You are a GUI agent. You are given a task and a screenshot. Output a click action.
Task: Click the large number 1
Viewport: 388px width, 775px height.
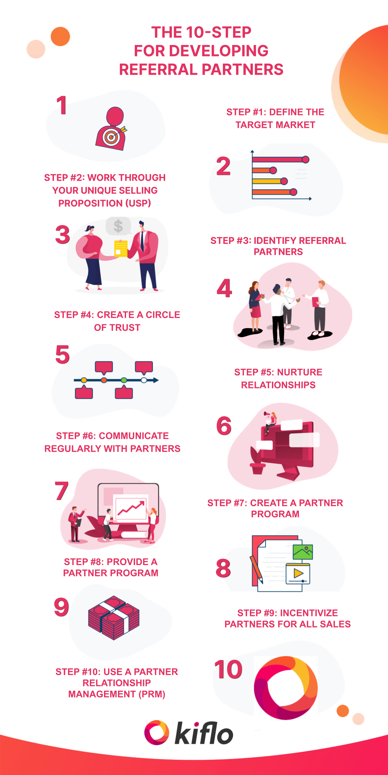[x=62, y=105]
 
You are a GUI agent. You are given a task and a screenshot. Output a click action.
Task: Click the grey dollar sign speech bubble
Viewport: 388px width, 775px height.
[x=118, y=226]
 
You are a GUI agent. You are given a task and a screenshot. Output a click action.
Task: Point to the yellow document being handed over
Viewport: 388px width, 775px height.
[x=121, y=249]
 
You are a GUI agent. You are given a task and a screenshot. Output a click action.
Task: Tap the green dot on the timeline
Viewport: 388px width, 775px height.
[x=124, y=380]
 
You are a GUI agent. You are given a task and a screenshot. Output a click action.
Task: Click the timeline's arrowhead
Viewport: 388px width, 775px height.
[x=156, y=380]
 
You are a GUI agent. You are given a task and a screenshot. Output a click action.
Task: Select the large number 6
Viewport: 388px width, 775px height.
[x=224, y=426]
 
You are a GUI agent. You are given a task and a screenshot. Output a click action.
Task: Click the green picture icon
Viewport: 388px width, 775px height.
[x=303, y=552]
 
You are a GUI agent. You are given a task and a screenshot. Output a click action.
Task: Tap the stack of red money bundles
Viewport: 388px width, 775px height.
[x=114, y=618]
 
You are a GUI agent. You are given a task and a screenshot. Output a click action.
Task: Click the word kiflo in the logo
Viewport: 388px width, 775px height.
[x=204, y=733]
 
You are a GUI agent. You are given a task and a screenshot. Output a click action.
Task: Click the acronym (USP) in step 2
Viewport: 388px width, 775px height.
[x=138, y=203]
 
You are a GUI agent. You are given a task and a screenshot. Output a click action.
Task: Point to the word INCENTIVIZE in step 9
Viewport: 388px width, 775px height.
[x=309, y=613]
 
